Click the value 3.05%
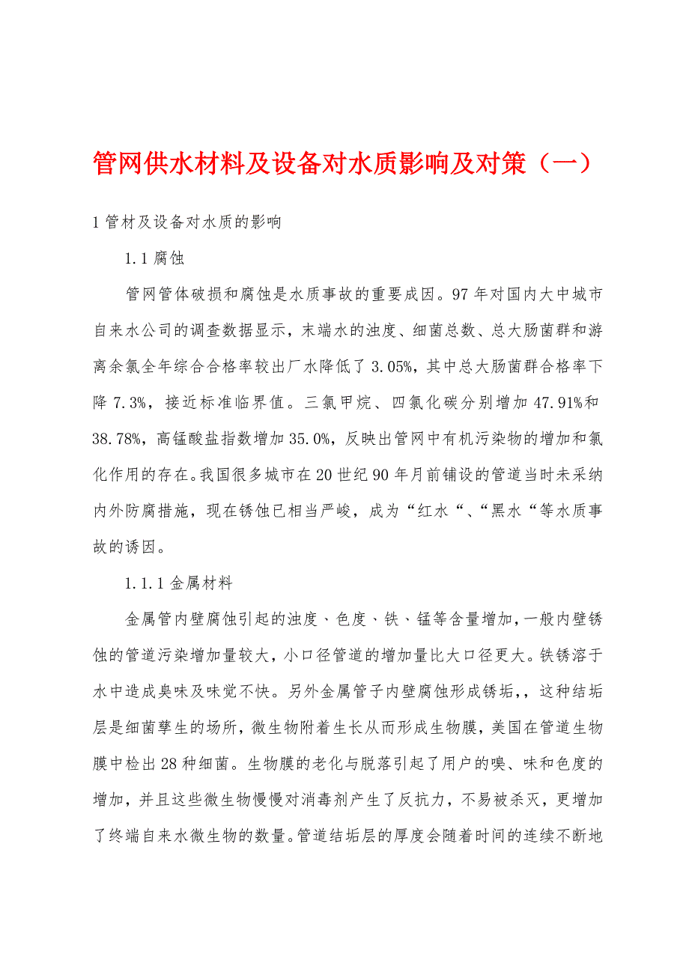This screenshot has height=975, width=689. coord(389,366)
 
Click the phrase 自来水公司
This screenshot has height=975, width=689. coord(136,330)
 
